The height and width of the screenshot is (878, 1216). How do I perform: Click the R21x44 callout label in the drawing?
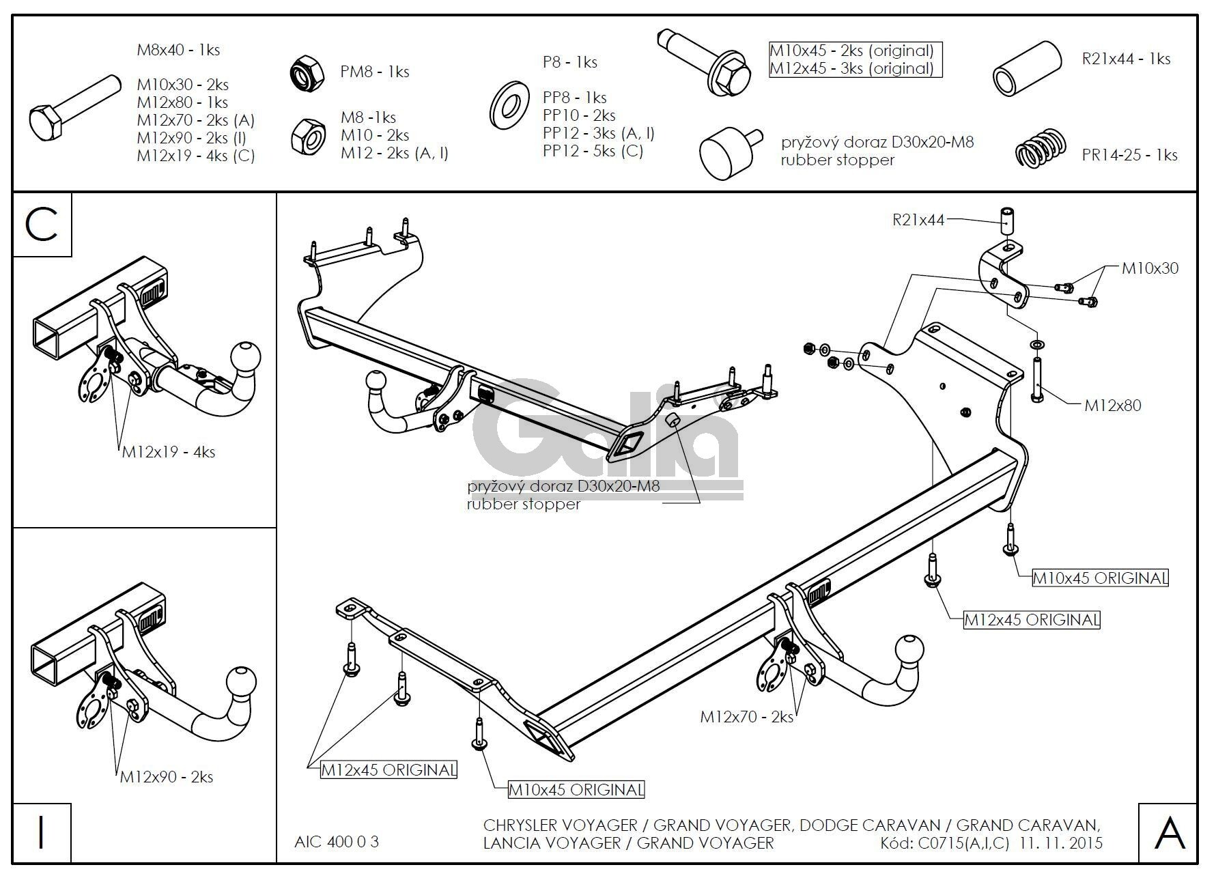tap(918, 220)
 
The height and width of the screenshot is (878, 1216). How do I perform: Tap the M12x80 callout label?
tap(1112, 406)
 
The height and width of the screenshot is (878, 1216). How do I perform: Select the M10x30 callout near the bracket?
tap(1150, 268)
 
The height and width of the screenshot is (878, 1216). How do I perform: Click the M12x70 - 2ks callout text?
tap(746, 717)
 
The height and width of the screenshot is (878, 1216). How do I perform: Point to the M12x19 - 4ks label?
tap(169, 452)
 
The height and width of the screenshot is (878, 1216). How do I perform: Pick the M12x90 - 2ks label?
tap(167, 777)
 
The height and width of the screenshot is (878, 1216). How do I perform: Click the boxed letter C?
tap(42, 225)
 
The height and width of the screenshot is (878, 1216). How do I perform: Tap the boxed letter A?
tap(1168, 834)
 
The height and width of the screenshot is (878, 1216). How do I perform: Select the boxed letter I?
tap(42, 834)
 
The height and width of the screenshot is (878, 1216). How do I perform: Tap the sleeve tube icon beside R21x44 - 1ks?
tap(1026, 68)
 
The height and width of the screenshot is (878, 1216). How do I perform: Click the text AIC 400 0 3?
tap(336, 842)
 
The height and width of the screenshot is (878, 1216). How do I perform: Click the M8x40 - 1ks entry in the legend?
tap(178, 50)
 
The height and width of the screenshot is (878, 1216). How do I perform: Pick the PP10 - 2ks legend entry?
tap(579, 115)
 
